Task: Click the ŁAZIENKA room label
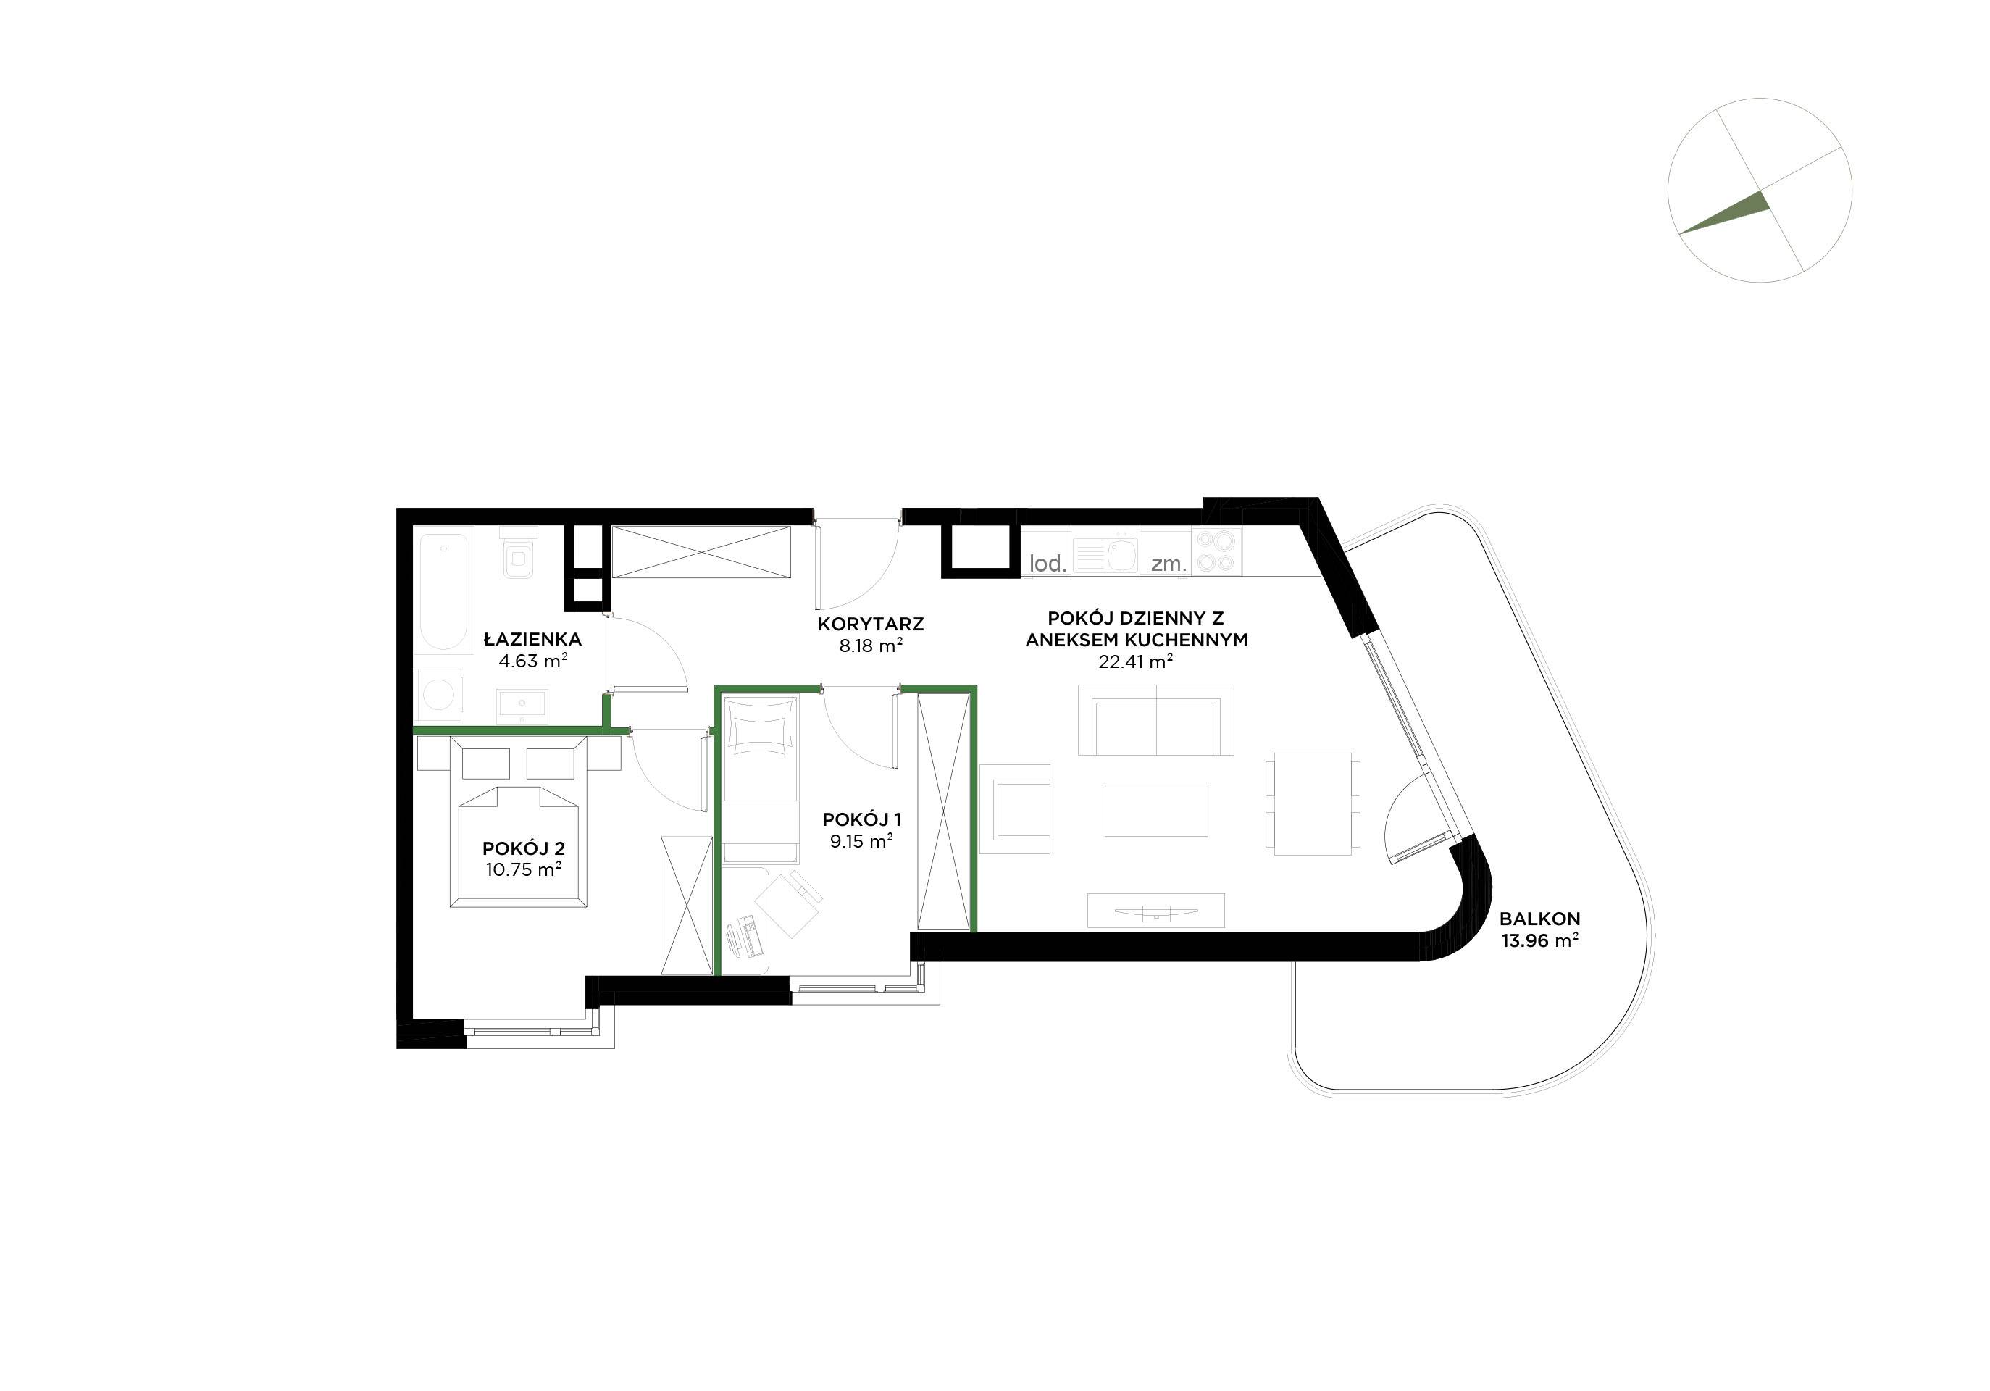(x=532, y=640)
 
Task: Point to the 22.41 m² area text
(x=1135, y=662)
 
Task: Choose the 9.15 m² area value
(x=861, y=840)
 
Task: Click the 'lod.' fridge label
(x=1047, y=564)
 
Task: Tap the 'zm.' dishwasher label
(x=1169, y=564)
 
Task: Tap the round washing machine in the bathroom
(x=440, y=695)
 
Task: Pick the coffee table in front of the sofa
(x=1156, y=811)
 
